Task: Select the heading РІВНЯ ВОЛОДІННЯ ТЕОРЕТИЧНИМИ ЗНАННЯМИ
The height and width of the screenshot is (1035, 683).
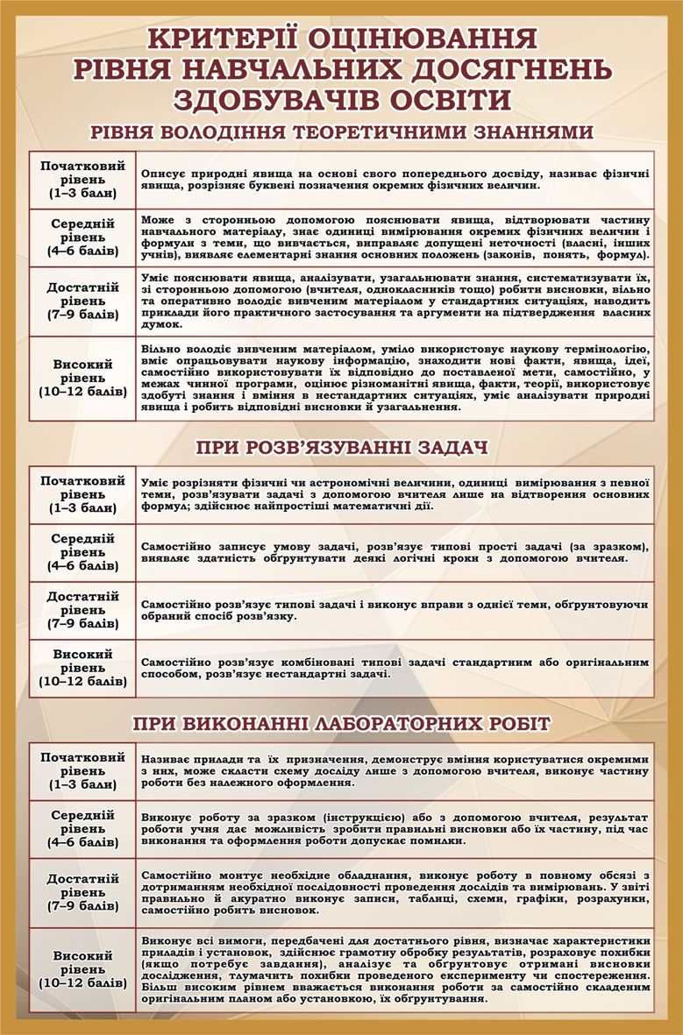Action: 342,133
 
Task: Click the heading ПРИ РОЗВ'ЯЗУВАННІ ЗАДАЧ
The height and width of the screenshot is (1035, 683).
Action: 342,449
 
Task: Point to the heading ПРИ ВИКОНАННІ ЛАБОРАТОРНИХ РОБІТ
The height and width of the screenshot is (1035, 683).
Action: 342,723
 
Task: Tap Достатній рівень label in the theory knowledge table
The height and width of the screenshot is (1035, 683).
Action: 82,300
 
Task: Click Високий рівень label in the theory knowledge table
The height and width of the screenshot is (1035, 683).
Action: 82,377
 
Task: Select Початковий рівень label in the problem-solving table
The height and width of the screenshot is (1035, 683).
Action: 82,494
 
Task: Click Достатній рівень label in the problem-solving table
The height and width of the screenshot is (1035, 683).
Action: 82,610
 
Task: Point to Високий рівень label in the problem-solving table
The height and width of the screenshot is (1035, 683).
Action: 82,667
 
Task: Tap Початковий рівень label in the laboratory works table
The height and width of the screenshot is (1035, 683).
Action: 82,769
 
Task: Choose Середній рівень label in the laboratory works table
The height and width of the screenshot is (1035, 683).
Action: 82,828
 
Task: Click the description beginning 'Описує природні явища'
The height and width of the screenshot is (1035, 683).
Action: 395,181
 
